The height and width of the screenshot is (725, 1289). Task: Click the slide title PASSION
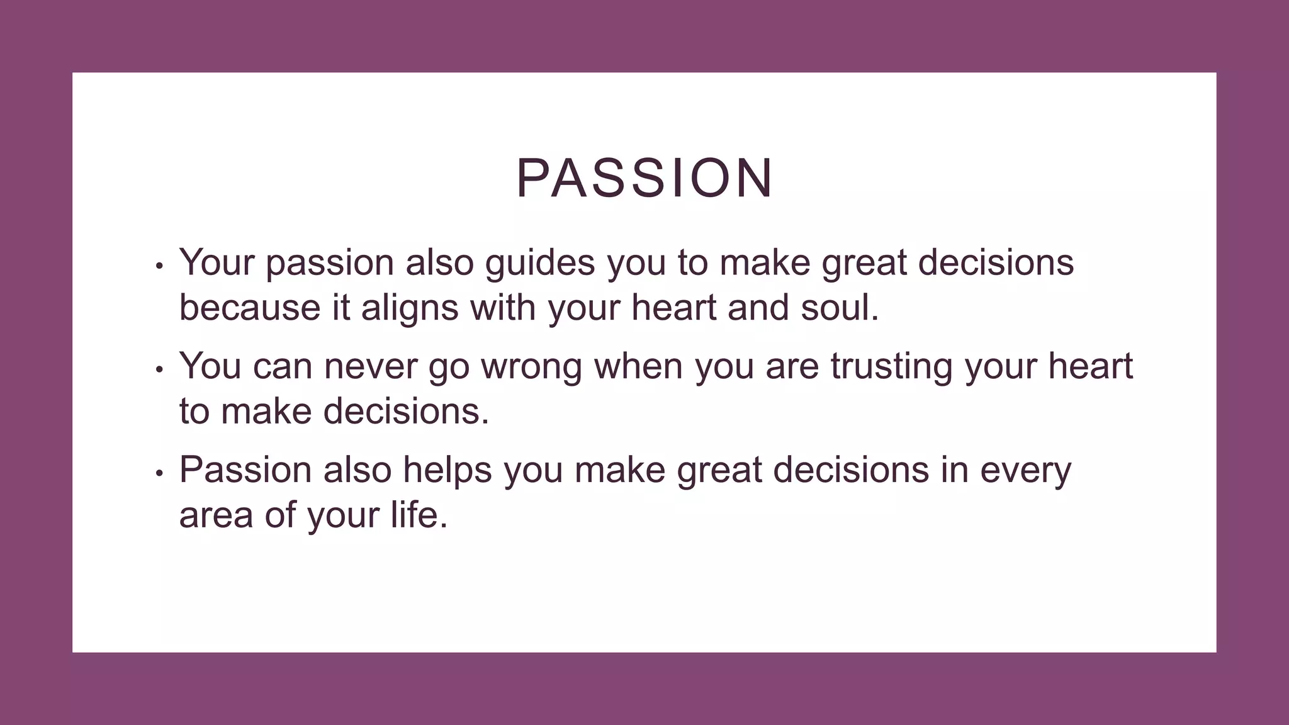click(644, 179)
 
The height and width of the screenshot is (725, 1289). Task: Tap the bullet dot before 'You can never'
click(159, 370)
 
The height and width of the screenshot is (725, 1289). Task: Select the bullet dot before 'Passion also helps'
click(159, 473)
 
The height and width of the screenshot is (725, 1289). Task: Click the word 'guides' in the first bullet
click(539, 263)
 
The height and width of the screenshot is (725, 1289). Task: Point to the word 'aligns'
click(410, 308)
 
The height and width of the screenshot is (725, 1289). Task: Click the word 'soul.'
click(840, 308)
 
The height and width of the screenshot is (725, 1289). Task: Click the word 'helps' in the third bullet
click(447, 470)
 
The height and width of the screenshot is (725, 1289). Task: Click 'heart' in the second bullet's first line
click(1090, 366)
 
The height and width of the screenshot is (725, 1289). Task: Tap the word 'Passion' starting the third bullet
click(245, 470)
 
